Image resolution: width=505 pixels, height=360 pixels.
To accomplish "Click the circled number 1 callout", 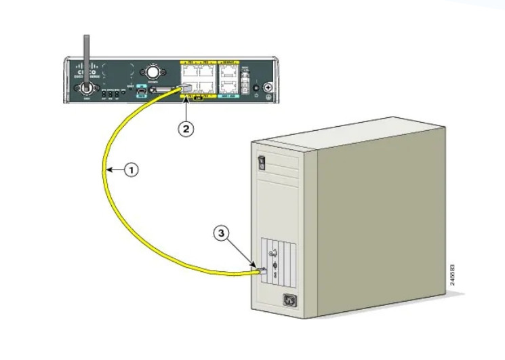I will [131, 170].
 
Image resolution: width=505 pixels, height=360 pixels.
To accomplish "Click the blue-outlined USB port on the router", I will [142, 89].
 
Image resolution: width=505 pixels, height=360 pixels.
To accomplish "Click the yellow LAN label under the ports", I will [198, 100].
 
